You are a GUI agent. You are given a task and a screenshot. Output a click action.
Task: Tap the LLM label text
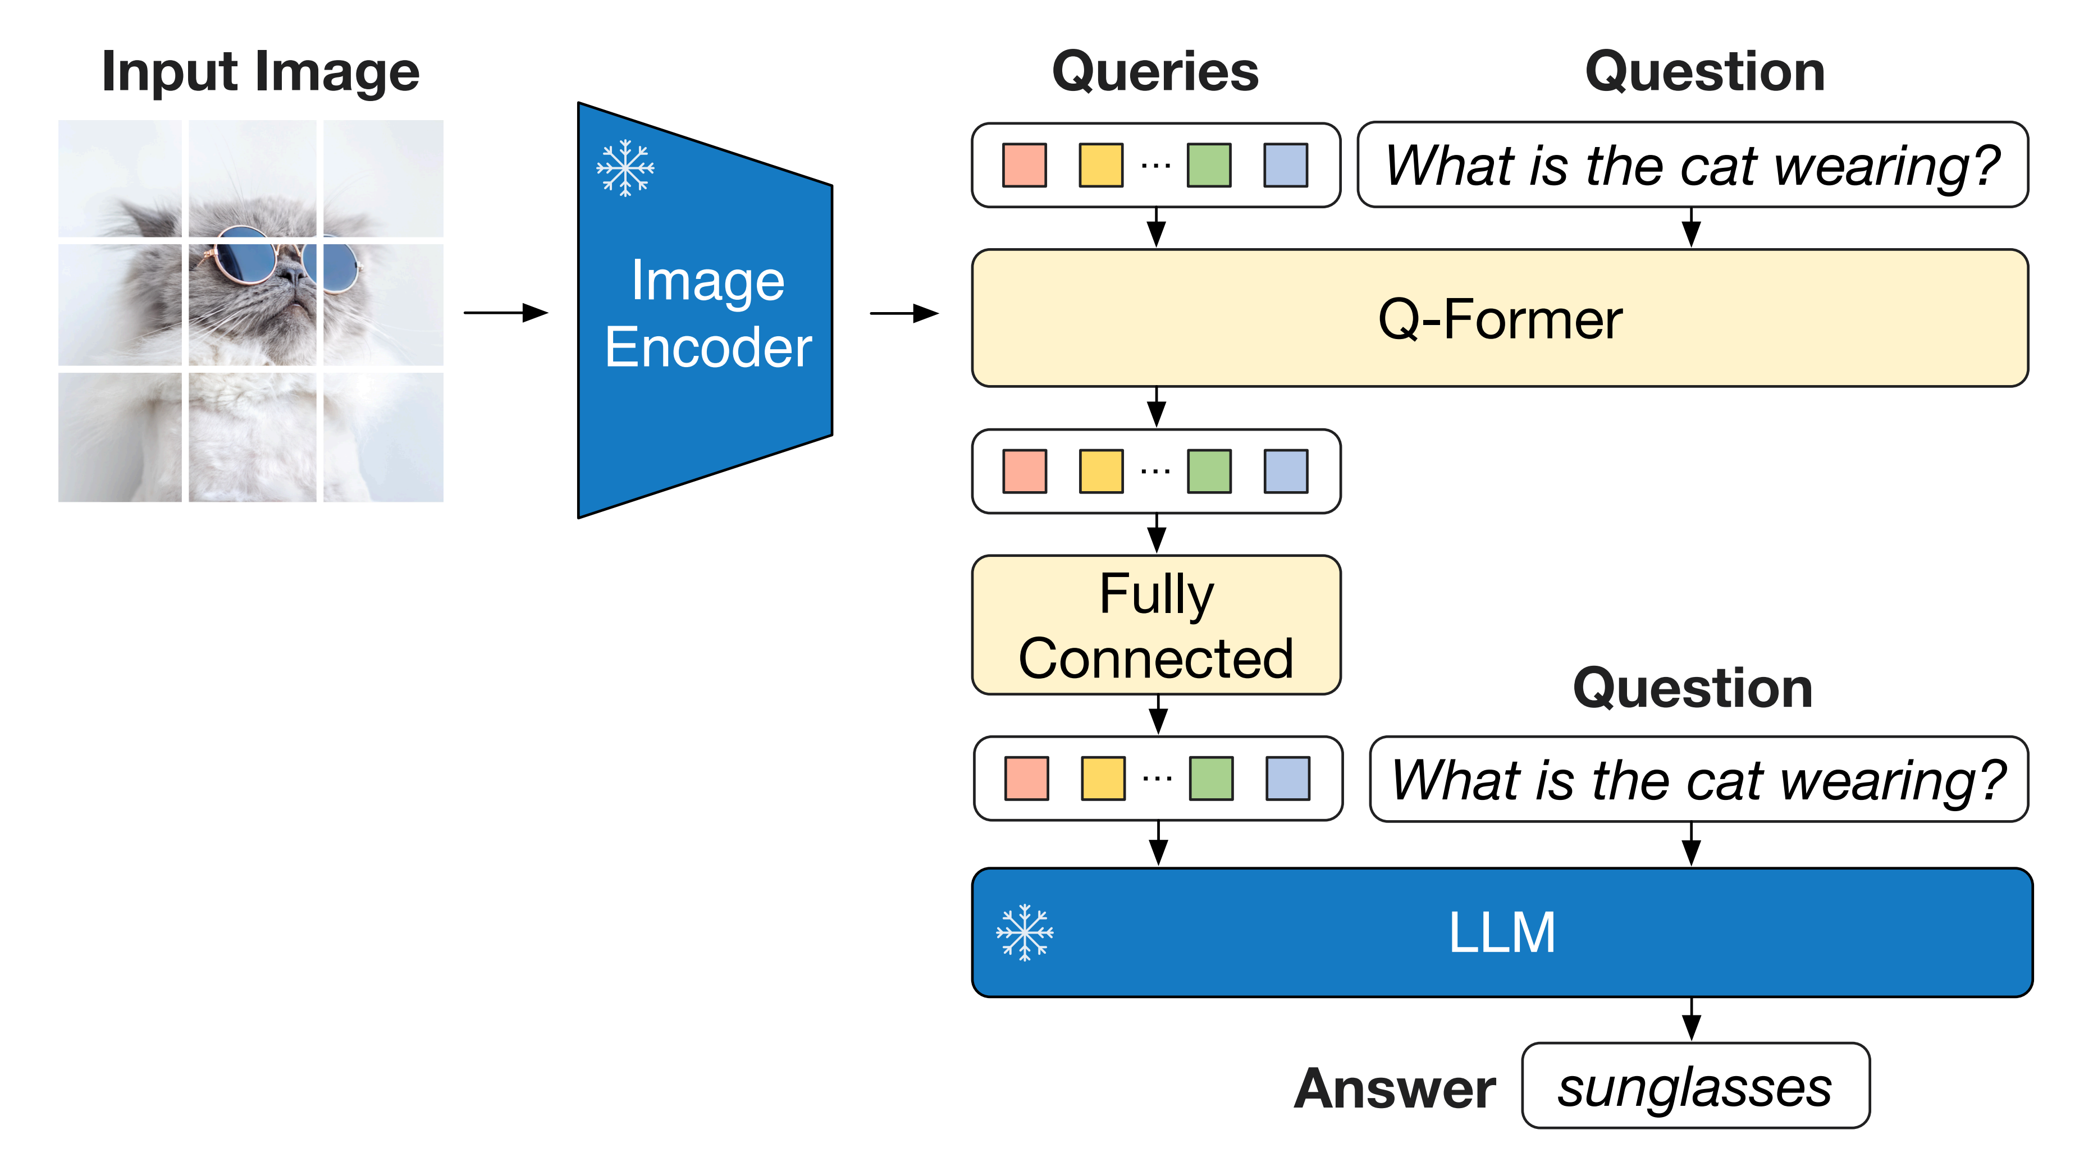pyautogui.click(x=1501, y=933)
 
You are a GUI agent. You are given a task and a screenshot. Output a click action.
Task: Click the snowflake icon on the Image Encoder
pyautogui.click(x=625, y=168)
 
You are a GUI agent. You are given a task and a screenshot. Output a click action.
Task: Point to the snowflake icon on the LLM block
pyautogui.click(x=1025, y=933)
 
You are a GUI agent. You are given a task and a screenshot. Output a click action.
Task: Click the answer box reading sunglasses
pyautogui.click(x=1695, y=1086)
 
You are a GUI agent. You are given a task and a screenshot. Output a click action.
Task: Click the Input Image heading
pyautogui.click(x=260, y=73)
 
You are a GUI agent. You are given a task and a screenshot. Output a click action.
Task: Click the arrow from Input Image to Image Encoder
pyautogui.click(x=505, y=313)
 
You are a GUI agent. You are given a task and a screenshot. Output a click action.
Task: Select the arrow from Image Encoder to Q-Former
pyautogui.click(x=903, y=313)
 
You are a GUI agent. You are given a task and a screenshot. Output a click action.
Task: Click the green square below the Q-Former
pyautogui.click(x=1209, y=472)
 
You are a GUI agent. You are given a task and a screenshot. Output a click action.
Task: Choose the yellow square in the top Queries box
pyautogui.click(x=1101, y=166)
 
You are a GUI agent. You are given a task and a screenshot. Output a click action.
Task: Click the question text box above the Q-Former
pyautogui.click(x=1693, y=165)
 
